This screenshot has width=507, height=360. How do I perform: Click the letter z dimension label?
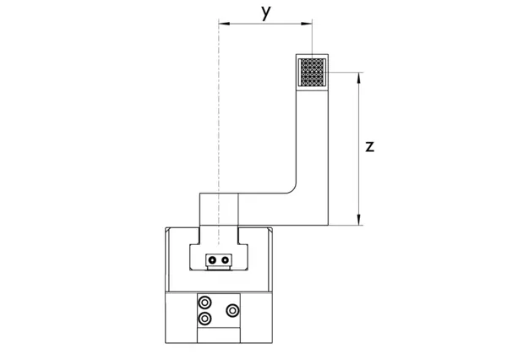pos(370,146)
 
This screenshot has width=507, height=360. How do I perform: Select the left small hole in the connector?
pos(215,259)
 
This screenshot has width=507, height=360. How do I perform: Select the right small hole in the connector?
pos(225,259)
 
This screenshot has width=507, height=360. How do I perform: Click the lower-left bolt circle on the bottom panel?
pos(204,318)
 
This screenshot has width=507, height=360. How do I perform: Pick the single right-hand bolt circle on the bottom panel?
pos(232,311)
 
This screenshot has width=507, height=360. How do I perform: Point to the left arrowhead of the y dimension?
pos(221,24)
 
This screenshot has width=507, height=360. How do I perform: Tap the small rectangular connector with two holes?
pos(220,259)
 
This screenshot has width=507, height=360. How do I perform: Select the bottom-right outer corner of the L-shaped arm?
pos(328,225)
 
